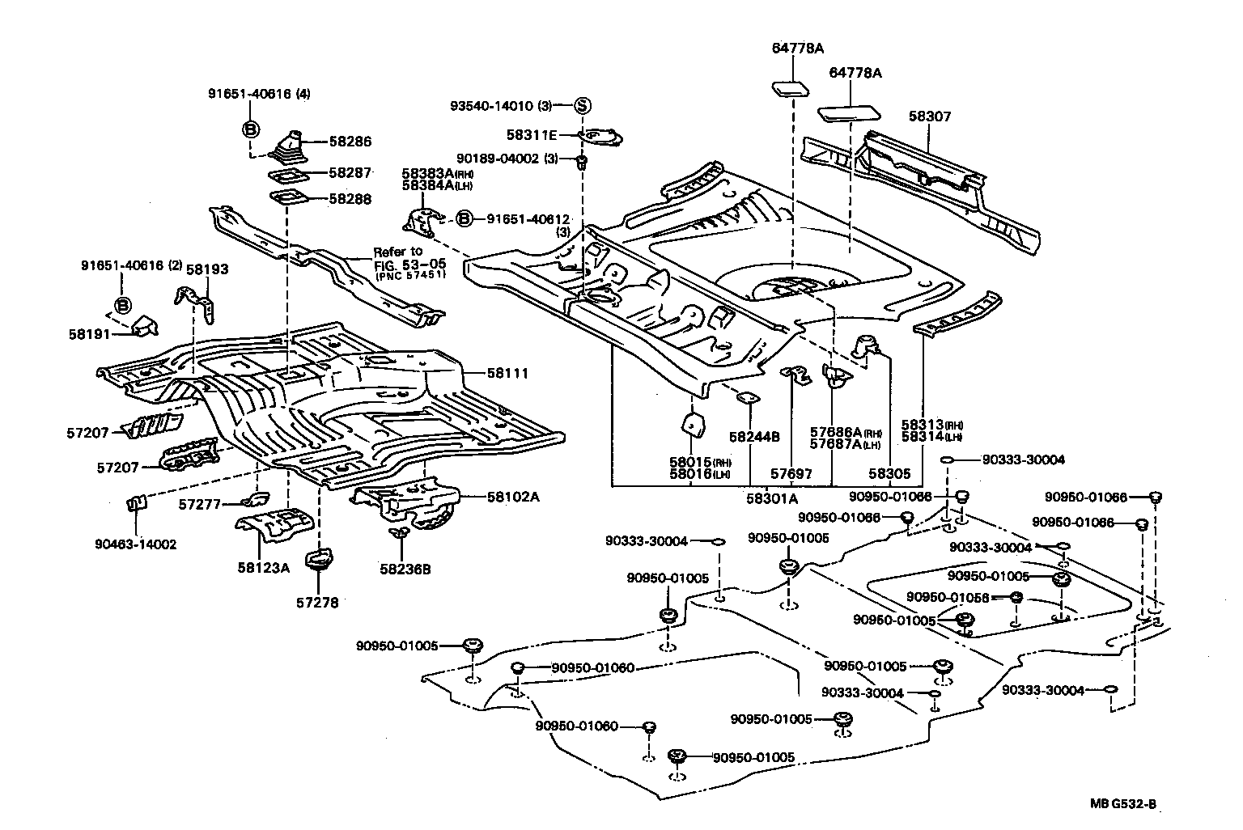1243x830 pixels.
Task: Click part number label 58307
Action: [929, 116]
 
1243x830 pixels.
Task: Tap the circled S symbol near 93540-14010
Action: [583, 105]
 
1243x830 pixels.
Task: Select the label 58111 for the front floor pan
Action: [507, 374]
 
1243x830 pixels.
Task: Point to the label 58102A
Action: [512, 497]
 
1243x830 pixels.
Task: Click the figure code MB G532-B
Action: [1122, 804]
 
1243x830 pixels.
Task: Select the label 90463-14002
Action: [135, 544]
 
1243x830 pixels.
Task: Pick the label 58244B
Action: [753, 437]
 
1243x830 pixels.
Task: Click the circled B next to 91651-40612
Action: [464, 218]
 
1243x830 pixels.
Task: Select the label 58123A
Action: [263, 568]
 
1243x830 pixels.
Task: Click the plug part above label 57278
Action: [317, 560]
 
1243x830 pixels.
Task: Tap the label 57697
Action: [790, 475]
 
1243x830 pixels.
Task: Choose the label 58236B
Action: [405, 569]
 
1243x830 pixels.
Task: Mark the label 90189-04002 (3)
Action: [507, 159]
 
